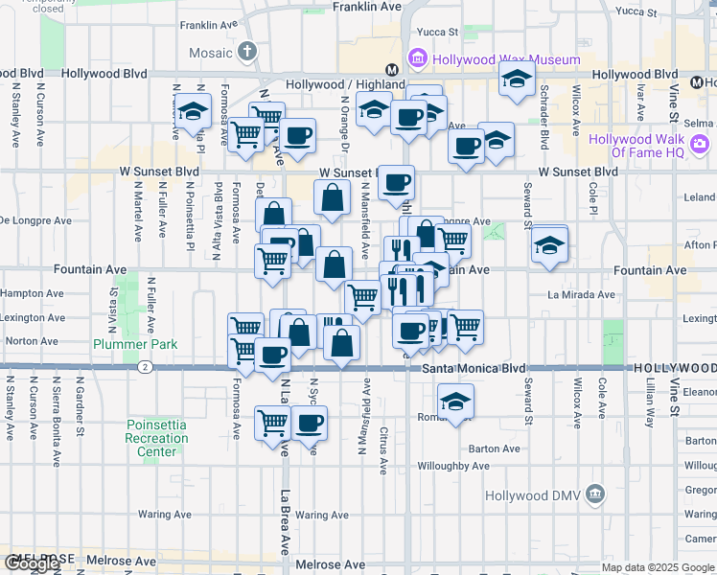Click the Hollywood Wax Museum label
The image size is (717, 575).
click(x=506, y=59)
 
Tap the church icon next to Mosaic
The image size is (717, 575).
click(x=248, y=52)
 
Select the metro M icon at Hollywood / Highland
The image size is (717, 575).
click(x=391, y=70)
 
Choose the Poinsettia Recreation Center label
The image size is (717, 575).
click(x=157, y=438)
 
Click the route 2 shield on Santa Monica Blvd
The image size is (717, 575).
click(x=144, y=366)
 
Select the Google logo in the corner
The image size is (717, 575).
click(x=32, y=563)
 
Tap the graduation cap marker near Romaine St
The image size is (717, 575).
click(x=456, y=400)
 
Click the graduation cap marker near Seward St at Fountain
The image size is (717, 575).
click(x=549, y=245)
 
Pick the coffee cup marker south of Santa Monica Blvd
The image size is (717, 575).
click(x=308, y=422)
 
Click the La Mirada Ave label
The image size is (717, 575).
click(x=579, y=294)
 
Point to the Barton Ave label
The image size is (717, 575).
click(x=494, y=448)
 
